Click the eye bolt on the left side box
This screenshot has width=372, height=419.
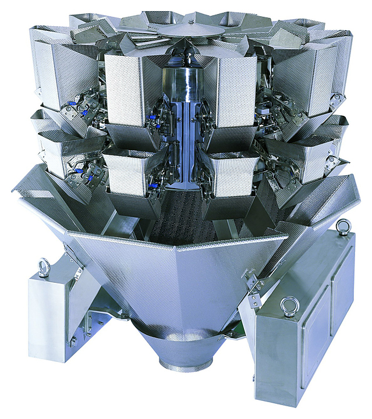click(x=43, y=268)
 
